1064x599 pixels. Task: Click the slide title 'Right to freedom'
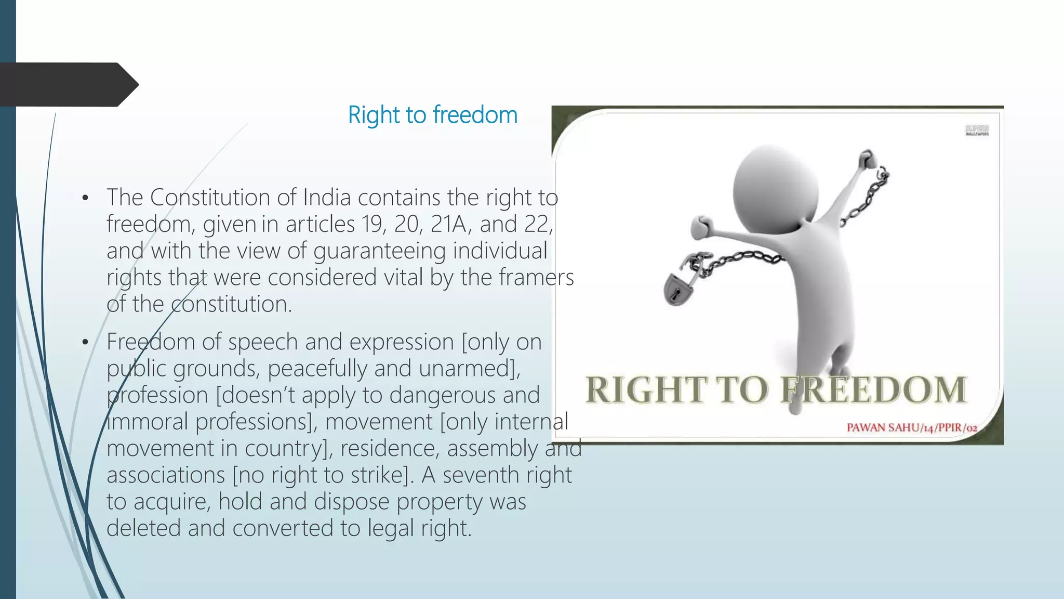pos(432,115)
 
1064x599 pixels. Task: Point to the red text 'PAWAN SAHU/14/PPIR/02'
pos(912,427)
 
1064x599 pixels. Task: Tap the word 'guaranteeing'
pos(379,251)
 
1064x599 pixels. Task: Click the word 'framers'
pos(536,277)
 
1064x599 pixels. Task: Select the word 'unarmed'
pos(465,369)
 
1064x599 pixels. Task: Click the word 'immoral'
pos(147,422)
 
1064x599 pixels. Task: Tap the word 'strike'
pos(377,475)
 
